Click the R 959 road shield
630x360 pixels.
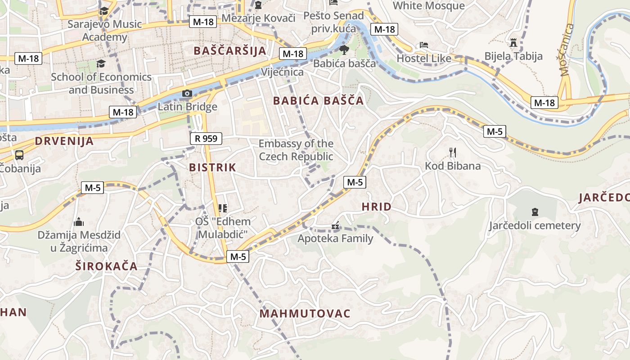[206, 139]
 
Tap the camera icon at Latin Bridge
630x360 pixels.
[187, 94]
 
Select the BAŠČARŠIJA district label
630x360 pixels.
[230, 50]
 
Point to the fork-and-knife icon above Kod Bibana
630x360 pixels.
[453, 153]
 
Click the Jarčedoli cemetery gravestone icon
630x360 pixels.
[535, 211]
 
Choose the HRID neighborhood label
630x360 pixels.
[377, 207]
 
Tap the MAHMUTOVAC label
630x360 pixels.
[305, 314]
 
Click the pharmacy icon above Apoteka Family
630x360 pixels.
[335, 225]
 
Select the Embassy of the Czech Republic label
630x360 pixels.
[296, 150]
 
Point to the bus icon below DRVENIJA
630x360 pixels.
[19, 155]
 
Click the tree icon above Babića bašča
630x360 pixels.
[344, 49]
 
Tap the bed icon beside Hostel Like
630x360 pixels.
[423, 45]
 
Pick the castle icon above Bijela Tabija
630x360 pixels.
[513, 43]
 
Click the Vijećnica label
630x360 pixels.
[282, 72]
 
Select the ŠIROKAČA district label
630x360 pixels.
[106, 265]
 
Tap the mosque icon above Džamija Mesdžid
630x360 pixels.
[79, 221]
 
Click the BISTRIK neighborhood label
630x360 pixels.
[212, 167]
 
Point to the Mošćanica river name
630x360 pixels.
[567, 49]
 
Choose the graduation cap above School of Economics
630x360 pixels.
[101, 64]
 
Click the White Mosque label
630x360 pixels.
[428, 6]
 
